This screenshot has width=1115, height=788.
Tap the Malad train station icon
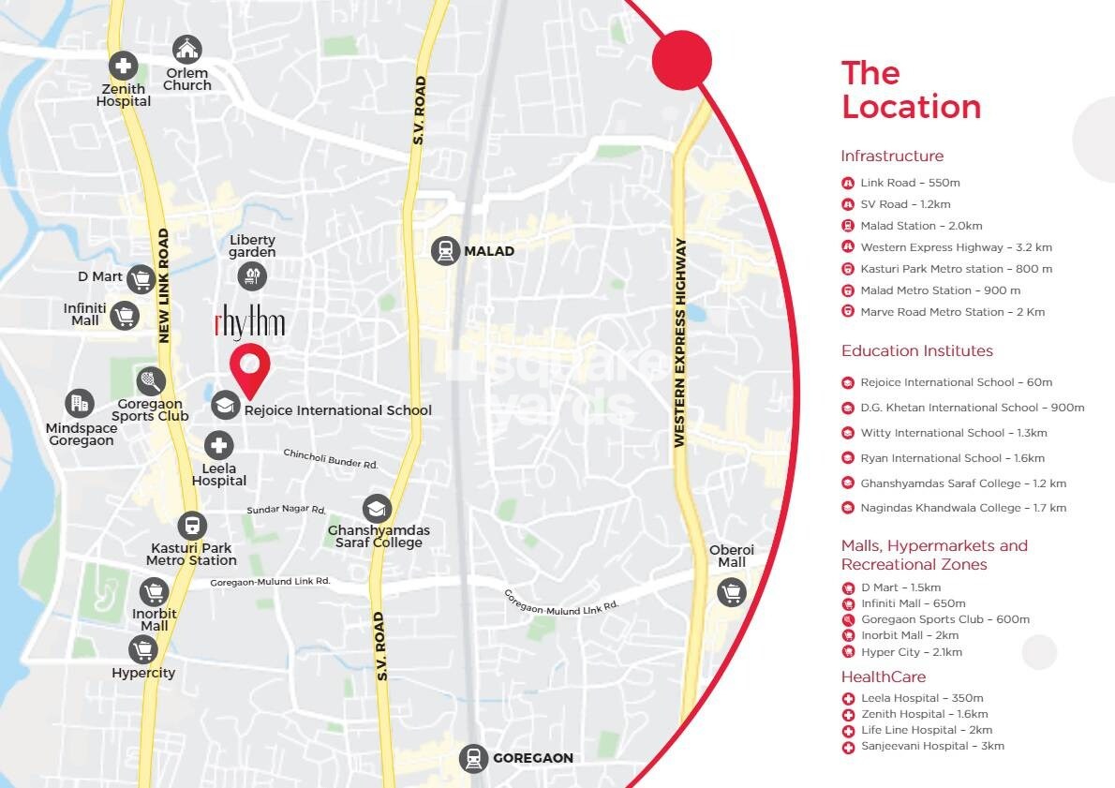pyautogui.click(x=445, y=251)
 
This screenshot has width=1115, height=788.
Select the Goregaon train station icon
pyautogui.click(x=473, y=758)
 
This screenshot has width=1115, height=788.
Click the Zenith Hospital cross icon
pyautogui.click(x=123, y=66)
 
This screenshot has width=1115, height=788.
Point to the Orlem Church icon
pyautogui.click(x=187, y=49)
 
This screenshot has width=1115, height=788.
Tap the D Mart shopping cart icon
pyautogui.click(x=141, y=277)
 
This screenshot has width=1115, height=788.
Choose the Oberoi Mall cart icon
pyautogui.click(x=732, y=592)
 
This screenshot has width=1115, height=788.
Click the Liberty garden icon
pyautogui.click(x=252, y=275)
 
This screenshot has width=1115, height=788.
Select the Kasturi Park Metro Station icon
pyautogui.click(x=192, y=526)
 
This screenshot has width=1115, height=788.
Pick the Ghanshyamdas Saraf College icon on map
pyautogui.click(x=377, y=509)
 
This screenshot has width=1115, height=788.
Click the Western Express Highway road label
pyautogui.click(x=681, y=342)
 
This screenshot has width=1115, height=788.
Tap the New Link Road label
pyautogui.click(x=164, y=285)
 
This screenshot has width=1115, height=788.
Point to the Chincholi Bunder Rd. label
pyautogui.click(x=331, y=458)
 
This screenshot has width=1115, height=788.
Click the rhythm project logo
pyautogui.click(x=249, y=323)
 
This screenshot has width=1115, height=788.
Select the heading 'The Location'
pyautogui.click(x=910, y=90)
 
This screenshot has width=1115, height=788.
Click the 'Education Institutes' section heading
pyautogui.click(x=916, y=350)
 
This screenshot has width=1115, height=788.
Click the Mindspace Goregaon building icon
pyautogui.click(x=80, y=404)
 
